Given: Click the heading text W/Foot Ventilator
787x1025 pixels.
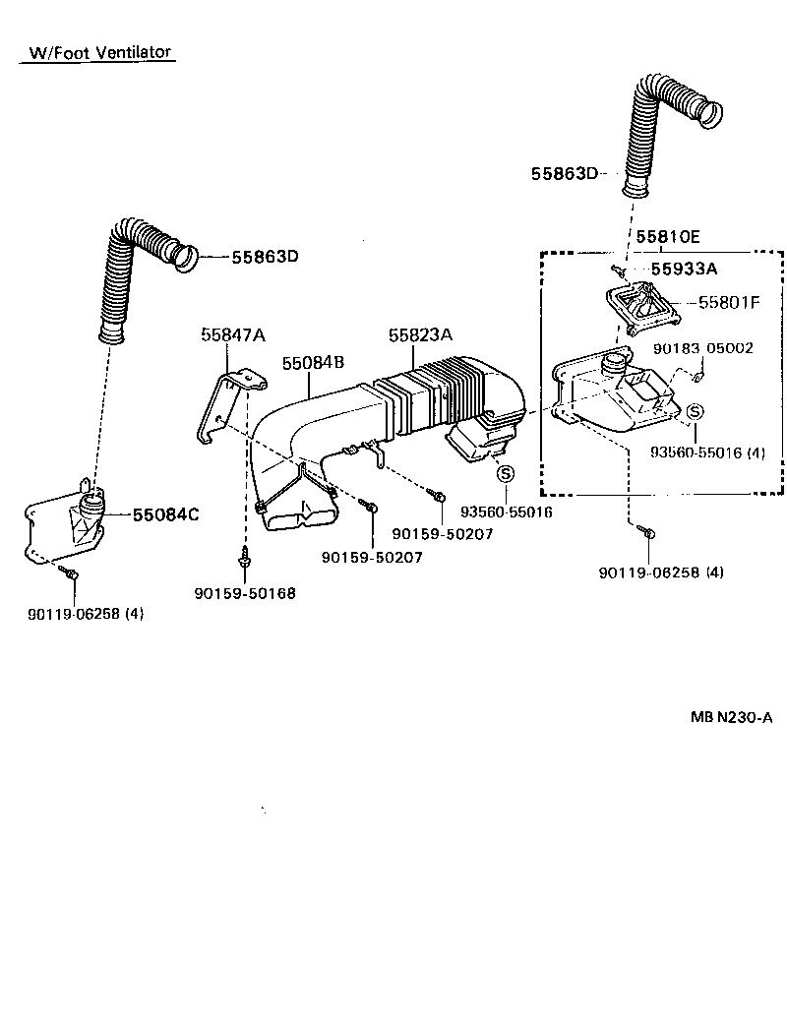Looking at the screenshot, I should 99,52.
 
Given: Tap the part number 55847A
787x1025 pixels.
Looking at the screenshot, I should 233,334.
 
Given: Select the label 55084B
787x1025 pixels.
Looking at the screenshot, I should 313,363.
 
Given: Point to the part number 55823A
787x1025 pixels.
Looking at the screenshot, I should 420,334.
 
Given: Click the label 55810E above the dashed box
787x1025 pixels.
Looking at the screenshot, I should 667,236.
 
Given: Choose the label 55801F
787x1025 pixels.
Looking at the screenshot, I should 729,303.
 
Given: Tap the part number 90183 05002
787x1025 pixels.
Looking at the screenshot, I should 703,347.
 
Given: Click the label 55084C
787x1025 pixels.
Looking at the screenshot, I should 165,513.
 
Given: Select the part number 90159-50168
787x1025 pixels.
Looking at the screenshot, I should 245,593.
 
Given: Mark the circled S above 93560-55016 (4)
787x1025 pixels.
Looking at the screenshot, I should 694,411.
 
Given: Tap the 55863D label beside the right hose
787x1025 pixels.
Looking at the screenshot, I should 564,173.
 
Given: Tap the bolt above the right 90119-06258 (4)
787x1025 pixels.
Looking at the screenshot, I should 649,533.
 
